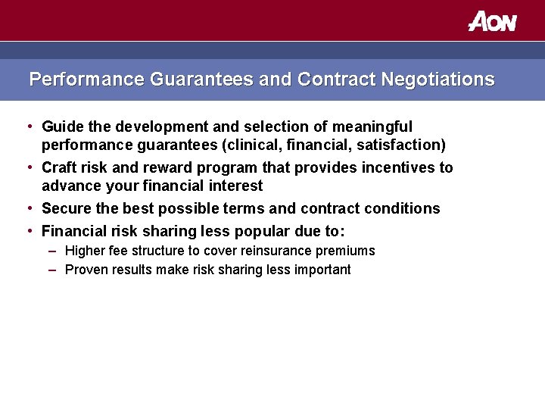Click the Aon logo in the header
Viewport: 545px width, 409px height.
pyautogui.click(x=492, y=21)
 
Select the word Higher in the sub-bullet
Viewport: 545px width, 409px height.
pyautogui.click(x=84, y=251)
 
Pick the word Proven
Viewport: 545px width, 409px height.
pyautogui.click(x=86, y=270)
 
